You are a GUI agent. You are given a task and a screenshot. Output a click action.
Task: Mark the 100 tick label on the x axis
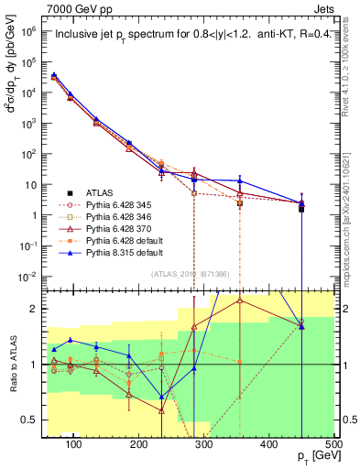(74, 444)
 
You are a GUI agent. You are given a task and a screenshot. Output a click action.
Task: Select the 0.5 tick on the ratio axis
(35, 420)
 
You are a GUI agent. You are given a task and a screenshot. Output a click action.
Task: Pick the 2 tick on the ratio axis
(38, 309)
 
